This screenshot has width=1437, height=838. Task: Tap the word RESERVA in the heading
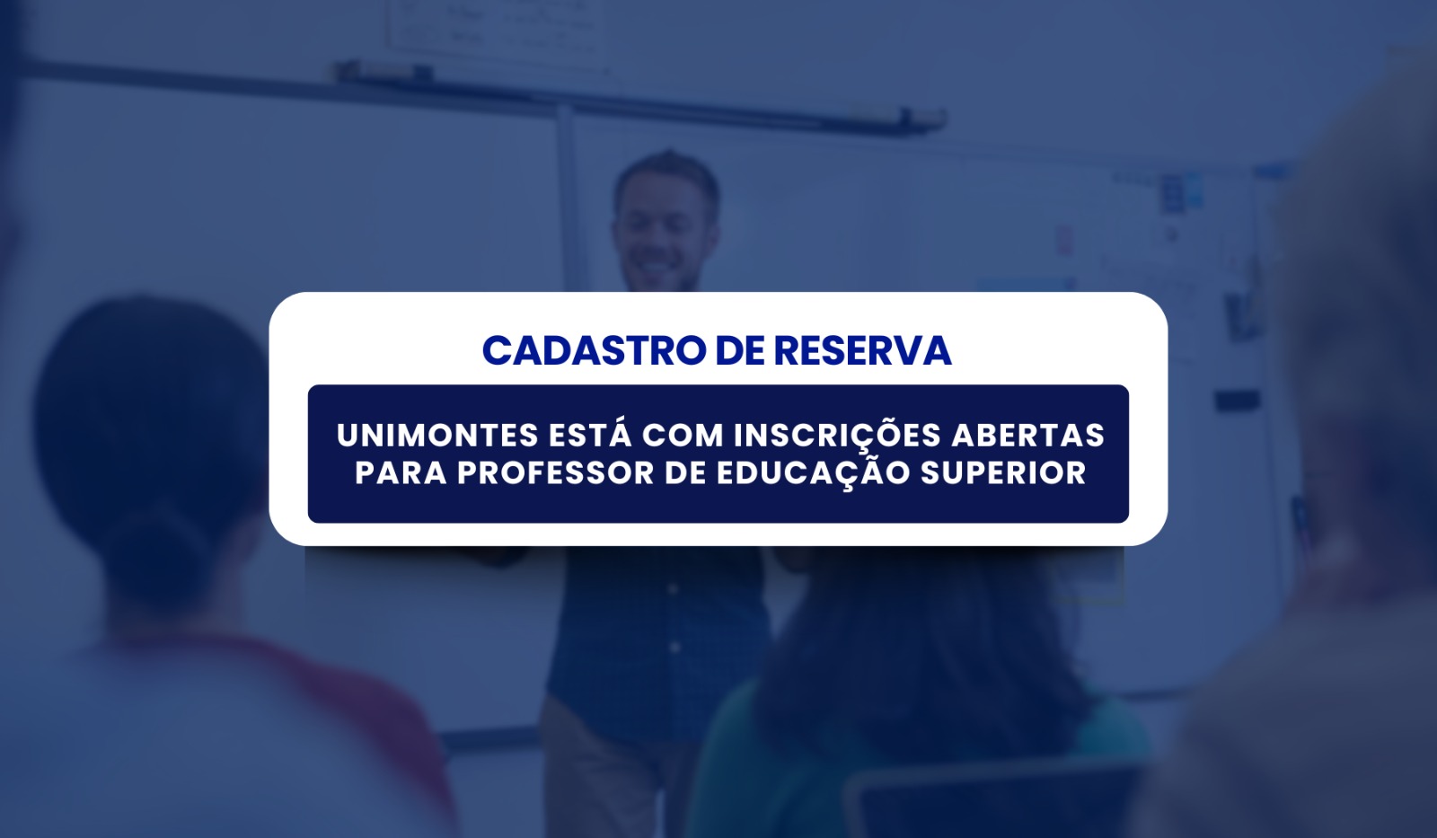(x=862, y=350)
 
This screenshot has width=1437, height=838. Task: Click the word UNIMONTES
(x=436, y=436)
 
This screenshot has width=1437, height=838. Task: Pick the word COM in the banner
(x=683, y=436)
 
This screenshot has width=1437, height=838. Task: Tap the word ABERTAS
(x=1027, y=436)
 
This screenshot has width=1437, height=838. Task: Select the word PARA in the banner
(x=401, y=473)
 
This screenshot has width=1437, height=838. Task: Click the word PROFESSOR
(x=555, y=473)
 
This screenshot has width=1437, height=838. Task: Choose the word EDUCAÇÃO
(x=813, y=472)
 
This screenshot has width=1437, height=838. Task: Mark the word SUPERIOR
(x=1003, y=473)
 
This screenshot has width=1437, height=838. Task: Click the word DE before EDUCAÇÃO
(x=684, y=473)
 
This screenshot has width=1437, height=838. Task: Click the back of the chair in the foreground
(x=994, y=802)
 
